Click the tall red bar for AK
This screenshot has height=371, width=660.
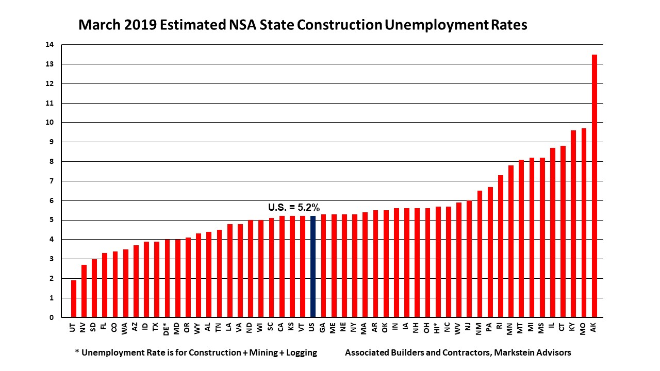click(x=594, y=185)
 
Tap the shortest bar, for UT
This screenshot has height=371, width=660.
click(x=74, y=299)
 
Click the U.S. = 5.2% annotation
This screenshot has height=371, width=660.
click(x=294, y=208)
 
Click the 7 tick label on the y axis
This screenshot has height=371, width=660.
click(x=51, y=181)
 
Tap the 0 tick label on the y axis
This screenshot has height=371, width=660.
click(x=51, y=318)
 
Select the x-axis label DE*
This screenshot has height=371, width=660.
click(x=167, y=330)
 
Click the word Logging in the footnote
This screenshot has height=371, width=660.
click(x=299, y=353)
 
